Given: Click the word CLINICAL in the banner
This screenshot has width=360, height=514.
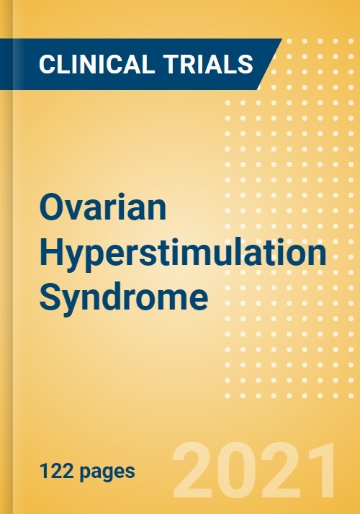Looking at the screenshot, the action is coord(96,64).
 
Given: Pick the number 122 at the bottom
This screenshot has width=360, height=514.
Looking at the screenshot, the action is coord(58,472).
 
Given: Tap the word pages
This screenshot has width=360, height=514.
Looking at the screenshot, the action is coord(107,473).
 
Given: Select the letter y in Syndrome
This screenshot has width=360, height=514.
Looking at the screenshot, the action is coord(74,302).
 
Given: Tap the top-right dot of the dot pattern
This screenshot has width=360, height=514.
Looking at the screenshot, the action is coord(351,41).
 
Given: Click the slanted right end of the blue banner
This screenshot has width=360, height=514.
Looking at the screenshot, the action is coord(269,64).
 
